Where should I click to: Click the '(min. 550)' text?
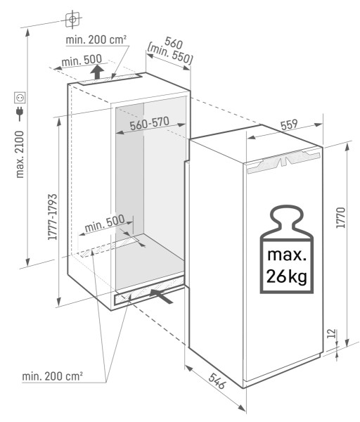click(x=170, y=54)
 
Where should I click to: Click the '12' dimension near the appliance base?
click(x=340, y=333)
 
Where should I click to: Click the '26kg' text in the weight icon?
click(x=284, y=277)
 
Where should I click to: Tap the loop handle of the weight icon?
click(x=284, y=214)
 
